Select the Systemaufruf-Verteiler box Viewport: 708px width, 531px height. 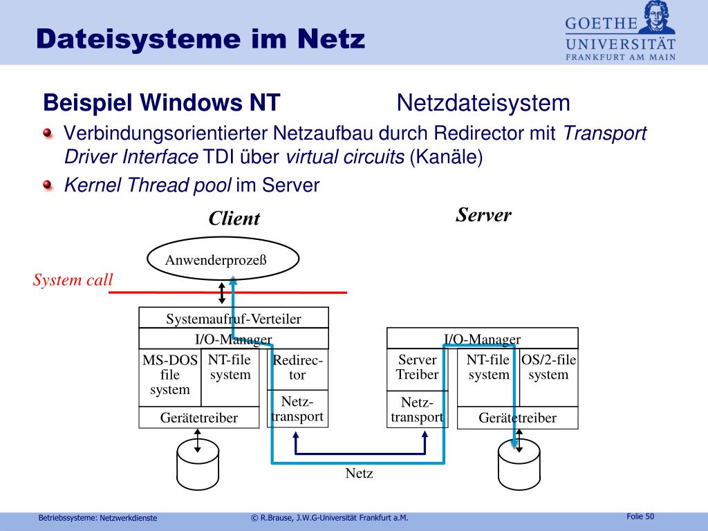pos(234,318)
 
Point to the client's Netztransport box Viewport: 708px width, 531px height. pos(297,409)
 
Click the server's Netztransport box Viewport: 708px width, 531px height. pos(417,409)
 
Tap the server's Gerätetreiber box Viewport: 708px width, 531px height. pos(517,418)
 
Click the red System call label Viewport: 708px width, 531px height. pos(73,280)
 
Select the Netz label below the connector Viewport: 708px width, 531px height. pos(359,474)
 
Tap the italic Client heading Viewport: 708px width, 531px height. pos(234,219)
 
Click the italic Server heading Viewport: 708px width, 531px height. pos(483,215)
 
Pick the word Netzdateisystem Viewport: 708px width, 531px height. pos(483,104)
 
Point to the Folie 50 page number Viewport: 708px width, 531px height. pos(640,516)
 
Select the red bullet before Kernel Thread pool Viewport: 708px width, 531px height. pos(47,185)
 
